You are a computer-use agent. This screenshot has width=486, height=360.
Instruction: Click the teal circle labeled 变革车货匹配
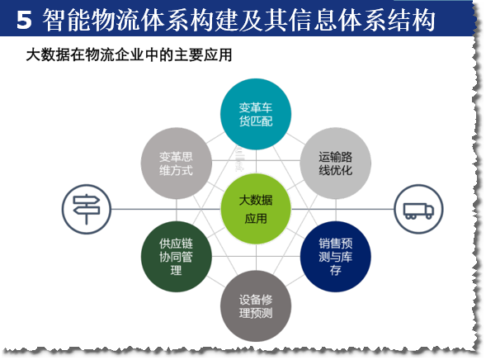(256, 114)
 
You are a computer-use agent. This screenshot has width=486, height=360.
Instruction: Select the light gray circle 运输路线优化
(335, 163)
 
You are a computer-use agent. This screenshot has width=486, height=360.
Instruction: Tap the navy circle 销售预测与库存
(335, 257)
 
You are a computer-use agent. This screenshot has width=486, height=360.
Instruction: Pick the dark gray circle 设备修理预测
(256, 306)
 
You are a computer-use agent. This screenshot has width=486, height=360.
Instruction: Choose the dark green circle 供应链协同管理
(176, 257)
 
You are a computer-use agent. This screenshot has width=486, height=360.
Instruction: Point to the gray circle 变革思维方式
(176, 163)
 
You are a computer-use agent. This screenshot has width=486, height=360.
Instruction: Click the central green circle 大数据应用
(256, 209)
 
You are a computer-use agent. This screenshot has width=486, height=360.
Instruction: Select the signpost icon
(86, 209)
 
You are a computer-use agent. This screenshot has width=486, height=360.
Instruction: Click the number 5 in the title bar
(24, 20)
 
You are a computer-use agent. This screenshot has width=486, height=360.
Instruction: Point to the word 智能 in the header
(67, 20)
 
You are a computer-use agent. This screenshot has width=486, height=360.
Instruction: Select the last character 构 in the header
(423, 20)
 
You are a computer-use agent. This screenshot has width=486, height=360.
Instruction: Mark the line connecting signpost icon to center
(166, 209)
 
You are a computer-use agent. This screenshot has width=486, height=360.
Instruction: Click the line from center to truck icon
(342, 209)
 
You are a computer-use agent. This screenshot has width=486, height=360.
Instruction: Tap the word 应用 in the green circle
(256, 219)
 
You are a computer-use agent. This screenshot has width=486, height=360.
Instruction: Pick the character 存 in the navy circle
(335, 270)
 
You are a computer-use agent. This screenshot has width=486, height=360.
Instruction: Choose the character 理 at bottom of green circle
(176, 270)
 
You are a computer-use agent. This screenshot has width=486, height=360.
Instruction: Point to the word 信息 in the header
(313, 20)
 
